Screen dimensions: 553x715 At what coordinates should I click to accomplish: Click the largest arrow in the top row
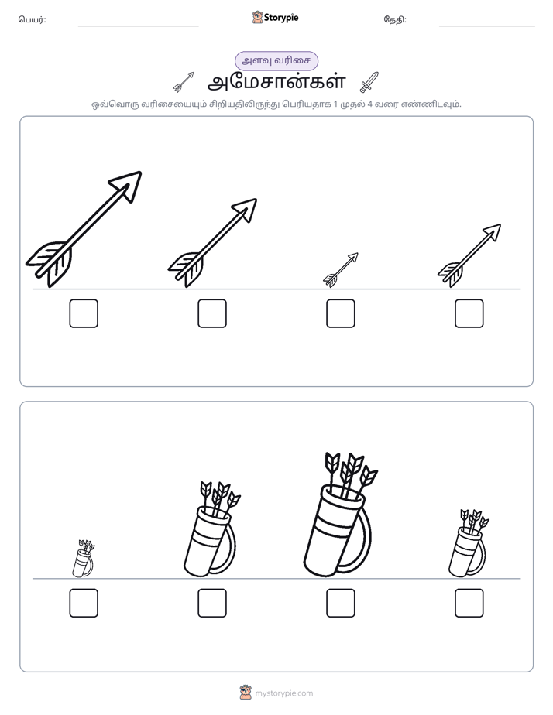click(84, 229)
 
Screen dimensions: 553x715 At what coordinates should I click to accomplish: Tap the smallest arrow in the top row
click(341, 270)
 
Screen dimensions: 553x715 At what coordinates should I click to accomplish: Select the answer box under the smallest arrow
click(340, 313)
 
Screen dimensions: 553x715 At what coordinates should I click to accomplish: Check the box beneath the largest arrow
click(84, 313)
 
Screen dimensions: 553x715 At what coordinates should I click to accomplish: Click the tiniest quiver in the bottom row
click(84, 559)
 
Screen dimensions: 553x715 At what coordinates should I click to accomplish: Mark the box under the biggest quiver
click(340, 603)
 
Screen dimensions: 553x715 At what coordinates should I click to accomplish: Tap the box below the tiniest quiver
click(84, 603)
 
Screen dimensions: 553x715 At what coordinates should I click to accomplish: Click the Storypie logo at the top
click(275, 18)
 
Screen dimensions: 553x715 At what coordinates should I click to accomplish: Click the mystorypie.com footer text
click(283, 693)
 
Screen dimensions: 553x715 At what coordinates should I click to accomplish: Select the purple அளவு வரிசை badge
click(276, 60)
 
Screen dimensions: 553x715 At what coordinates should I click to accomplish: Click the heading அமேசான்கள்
click(276, 83)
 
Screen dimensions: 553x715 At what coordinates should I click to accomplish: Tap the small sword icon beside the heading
click(369, 82)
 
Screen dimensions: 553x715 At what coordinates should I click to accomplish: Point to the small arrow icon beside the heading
click(184, 82)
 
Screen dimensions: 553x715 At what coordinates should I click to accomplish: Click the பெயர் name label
click(32, 19)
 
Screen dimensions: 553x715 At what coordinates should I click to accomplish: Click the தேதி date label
click(395, 19)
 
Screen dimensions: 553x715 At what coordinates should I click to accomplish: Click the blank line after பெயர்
click(138, 26)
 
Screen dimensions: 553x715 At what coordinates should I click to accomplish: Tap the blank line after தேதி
click(487, 26)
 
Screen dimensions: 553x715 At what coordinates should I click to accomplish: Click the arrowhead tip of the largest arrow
click(140, 173)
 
